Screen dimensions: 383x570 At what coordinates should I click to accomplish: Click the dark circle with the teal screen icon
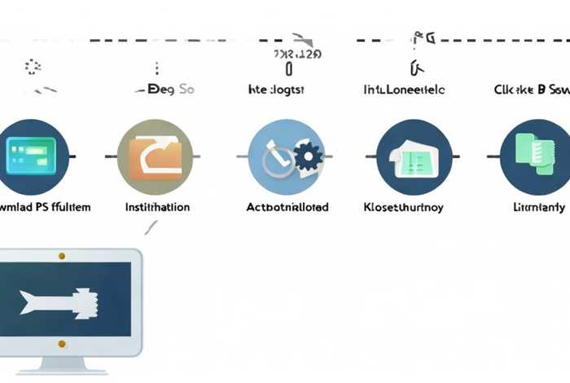click(x=30, y=156)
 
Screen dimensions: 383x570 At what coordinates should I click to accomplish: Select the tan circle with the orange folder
click(x=155, y=156)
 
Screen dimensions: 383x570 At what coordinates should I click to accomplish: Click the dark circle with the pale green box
click(x=414, y=156)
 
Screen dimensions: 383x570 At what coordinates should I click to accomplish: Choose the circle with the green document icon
click(x=534, y=156)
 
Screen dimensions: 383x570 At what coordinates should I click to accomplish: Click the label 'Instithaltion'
click(x=157, y=207)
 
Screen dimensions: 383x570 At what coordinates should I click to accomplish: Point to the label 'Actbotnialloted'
click(x=287, y=207)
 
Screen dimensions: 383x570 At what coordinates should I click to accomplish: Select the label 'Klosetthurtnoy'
click(x=403, y=207)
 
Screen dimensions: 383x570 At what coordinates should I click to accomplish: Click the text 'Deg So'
click(x=169, y=90)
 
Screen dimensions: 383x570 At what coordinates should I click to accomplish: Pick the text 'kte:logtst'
click(x=276, y=90)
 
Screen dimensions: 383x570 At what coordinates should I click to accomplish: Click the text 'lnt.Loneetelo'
click(x=403, y=90)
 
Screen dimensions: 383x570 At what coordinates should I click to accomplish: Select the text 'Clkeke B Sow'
click(x=532, y=90)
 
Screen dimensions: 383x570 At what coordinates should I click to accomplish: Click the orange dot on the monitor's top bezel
click(x=62, y=256)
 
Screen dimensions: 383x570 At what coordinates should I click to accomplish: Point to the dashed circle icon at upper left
click(x=33, y=67)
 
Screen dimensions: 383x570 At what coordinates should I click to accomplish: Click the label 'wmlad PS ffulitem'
click(x=45, y=207)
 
